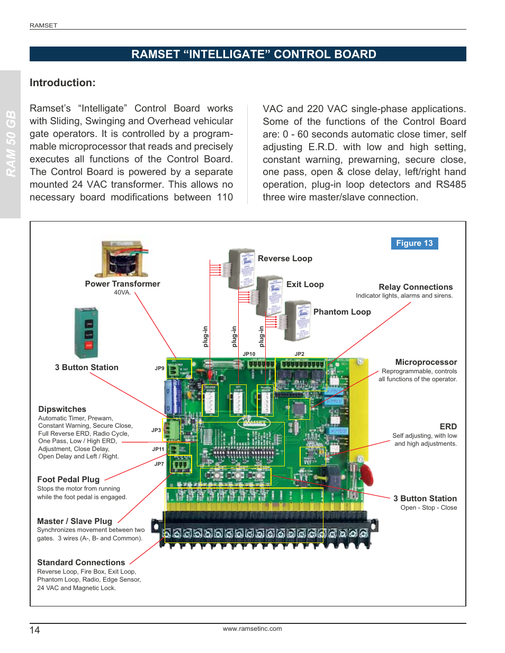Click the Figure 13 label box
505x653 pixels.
pyautogui.click(x=414, y=243)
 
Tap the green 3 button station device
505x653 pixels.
pyautogui.click(x=86, y=333)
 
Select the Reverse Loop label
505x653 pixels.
pyautogui.click(x=285, y=259)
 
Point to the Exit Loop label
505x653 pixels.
pyautogui.click(x=305, y=284)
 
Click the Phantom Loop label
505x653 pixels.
pyautogui.click(x=342, y=312)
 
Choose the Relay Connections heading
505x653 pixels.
pyautogui.click(x=416, y=287)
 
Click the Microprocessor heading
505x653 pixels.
pyautogui.click(x=426, y=362)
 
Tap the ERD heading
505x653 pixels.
pyautogui.click(x=448, y=427)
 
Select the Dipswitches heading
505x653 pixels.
pyautogui.click(x=62, y=409)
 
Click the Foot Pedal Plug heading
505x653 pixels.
pyautogui.click(x=68, y=480)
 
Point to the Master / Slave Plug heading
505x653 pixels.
pyautogui.click(x=75, y=521)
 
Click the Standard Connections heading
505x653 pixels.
pyautogui.click(x=81, y=563)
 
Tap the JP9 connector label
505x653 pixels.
pyautogui.click(x=159, y=369)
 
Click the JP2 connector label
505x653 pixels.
pyautogui.click(x=300, y=354)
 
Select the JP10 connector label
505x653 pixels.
pyautogui.click(x=249, y=354)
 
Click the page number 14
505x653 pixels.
pyautogui.click(x=34, y=630)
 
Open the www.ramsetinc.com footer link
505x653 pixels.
pyautogui.click(x=252, y=629)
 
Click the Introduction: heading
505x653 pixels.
pyautogui.click(x=62, y=83)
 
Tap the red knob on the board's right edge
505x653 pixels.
pyautogui.click(x=366, y=475)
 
